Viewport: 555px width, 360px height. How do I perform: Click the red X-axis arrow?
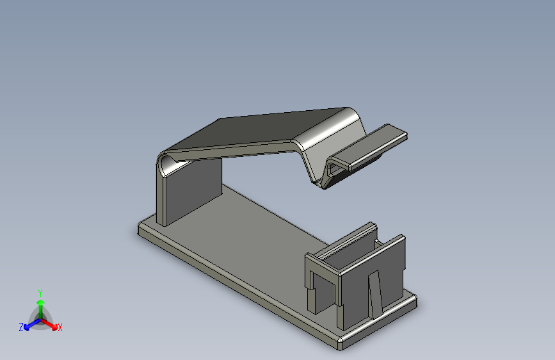click(x=51, y=323)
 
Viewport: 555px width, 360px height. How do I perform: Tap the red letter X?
click(x=60, y=327)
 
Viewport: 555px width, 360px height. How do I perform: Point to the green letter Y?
click(x=40, y=291)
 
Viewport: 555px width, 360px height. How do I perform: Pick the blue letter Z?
click(x=21, y=327)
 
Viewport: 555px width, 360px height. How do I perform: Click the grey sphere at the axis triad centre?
click(x=40, y=316)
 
